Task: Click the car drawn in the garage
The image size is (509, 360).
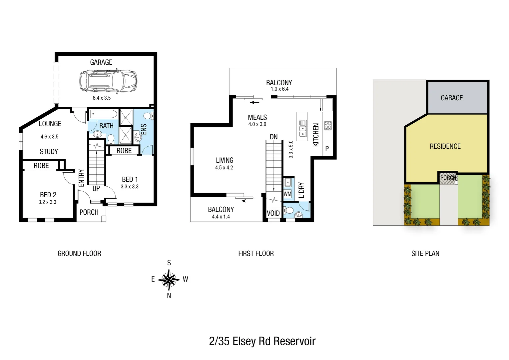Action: pos(108,81)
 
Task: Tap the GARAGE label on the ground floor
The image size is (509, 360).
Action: pos(101,62)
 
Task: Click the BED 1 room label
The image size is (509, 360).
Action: pos(130,179)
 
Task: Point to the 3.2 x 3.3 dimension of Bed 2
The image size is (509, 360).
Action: pos(47,202)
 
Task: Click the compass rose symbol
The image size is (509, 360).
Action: pos(169,279)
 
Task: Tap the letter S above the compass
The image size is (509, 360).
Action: pos(169,263)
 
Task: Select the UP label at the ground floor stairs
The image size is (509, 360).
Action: pos(96,188)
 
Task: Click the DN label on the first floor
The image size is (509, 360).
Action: pos(273,137)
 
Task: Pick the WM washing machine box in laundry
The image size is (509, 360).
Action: pos(287,194)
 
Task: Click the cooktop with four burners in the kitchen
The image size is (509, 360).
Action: pos(328,126)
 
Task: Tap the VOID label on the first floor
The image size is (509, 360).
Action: pos(273,213)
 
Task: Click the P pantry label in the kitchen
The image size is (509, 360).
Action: pos(327,149)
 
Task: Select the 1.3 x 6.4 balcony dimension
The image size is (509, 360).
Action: pos(279,89)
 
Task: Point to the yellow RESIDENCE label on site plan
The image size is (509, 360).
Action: pos(445,146)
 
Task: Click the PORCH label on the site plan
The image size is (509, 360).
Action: pos(448,178)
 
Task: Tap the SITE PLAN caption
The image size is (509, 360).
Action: pos(425,254)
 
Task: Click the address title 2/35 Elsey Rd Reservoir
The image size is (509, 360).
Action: pos(262,341)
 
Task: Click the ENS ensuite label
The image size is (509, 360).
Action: pos(144,129)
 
